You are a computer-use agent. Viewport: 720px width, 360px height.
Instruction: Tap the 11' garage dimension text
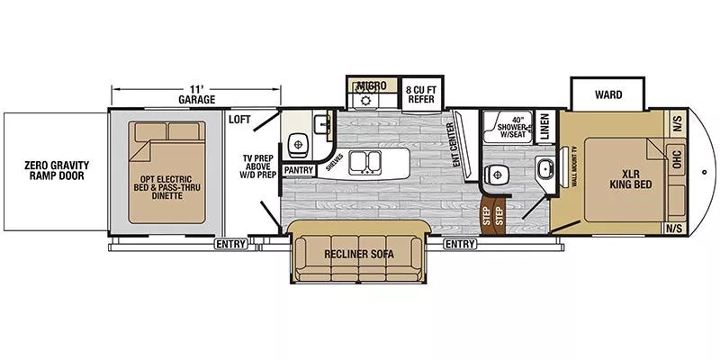click(196, 94)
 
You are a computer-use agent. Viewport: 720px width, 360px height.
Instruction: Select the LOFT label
click(238, 119)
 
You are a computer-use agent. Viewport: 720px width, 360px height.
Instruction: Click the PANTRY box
click(296, 169)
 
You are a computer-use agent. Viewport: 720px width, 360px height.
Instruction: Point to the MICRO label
click(370, 85)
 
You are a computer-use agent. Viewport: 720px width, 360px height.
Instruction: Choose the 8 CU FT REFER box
click(420, 94)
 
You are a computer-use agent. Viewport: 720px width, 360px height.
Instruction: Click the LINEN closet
click(545, 126)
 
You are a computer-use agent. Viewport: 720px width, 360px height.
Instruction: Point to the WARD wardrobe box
click(607, 94)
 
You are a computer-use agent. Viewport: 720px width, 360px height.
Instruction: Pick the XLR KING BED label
click(630, 177)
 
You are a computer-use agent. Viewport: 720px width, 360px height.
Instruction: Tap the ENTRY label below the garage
click(230, 243)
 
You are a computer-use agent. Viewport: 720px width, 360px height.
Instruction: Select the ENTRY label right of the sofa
click(460, 243)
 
